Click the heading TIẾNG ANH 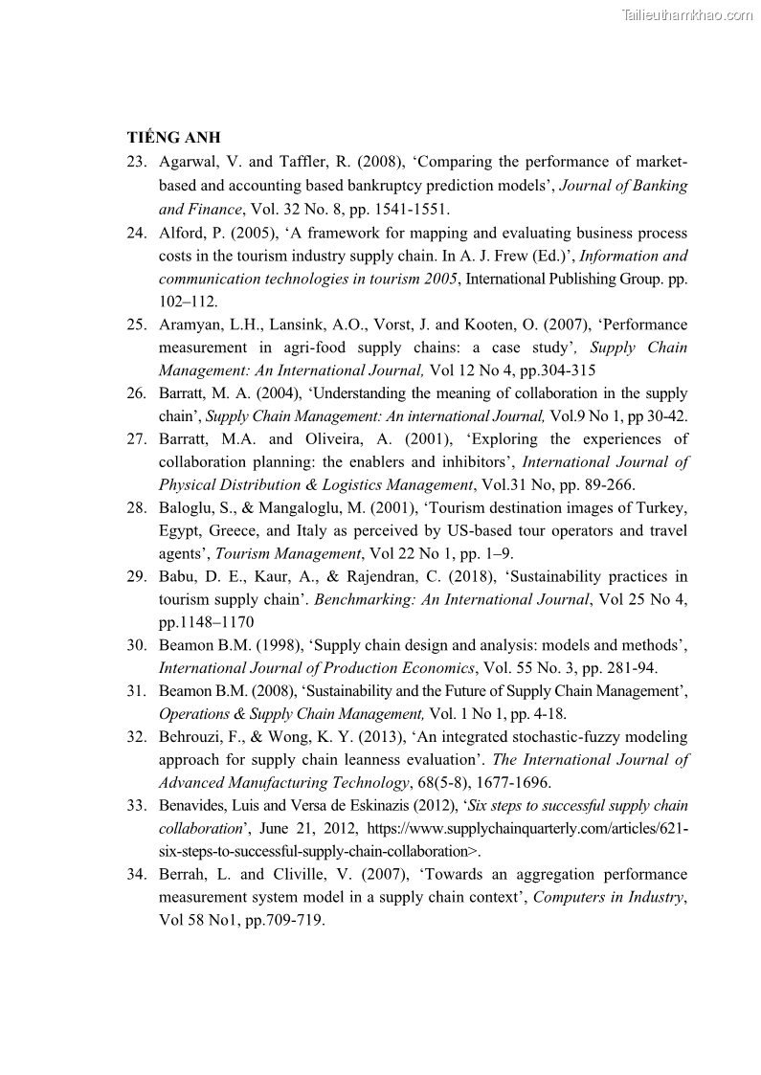(x=173, y=138)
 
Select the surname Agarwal (x=188, y=162)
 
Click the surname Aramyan (x=190, y=325)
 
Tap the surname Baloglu (x=188, y=507)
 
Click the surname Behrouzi (x=191, y=737)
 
